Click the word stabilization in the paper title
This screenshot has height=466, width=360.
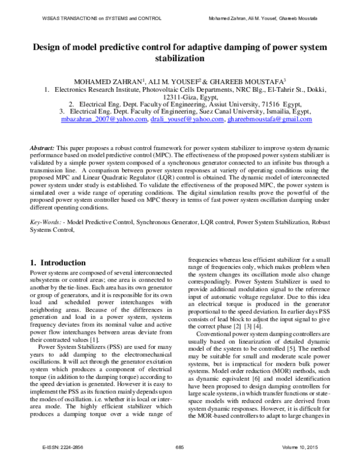[180, 59]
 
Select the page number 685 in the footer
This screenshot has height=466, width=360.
[179, 455]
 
